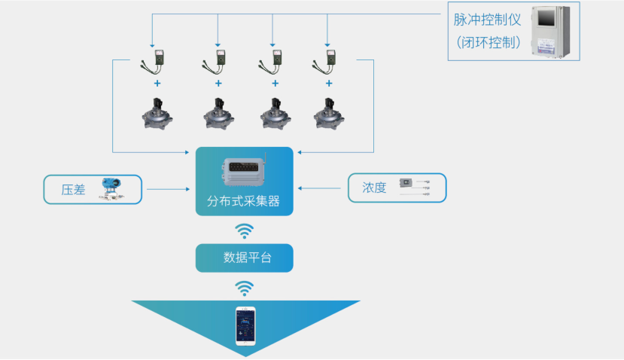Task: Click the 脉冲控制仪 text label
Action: point(487,20)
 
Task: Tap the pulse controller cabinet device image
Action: point(556,32)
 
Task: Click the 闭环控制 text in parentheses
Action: point(489,42)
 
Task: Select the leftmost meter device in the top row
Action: point(157,59)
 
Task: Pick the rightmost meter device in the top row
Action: point(326,59)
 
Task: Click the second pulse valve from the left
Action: point(218,111)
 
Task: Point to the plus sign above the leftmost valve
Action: point(157,83)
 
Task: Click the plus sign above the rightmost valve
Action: point(327,83)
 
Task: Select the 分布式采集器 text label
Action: point(243,202)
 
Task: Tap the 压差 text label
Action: point(72,189)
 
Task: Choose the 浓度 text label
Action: point(374,188)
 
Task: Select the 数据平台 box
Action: point(244,258)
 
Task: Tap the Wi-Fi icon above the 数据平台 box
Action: point(244,230)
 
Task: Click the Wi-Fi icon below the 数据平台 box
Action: point(244,287)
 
